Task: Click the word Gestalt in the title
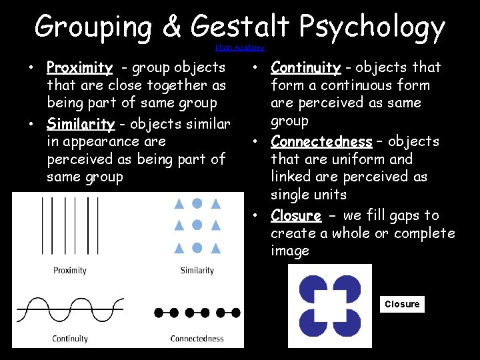coord(240,28)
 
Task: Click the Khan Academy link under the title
coord(240,48)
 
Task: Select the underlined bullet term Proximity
coord(79,67)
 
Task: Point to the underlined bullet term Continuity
coord(306,67)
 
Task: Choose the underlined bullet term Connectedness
coord(321,141)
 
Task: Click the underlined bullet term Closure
coord(296,215)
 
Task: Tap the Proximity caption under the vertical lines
coord(70,270)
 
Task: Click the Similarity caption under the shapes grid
coord(197,270)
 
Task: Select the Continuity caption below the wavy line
coord(70,339)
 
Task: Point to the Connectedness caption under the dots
coord(197,339)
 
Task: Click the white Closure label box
coord(402,304)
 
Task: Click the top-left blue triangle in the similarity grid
coord(179,204)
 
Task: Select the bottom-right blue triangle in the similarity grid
coord(215,249)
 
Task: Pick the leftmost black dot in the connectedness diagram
coord(159,312)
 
